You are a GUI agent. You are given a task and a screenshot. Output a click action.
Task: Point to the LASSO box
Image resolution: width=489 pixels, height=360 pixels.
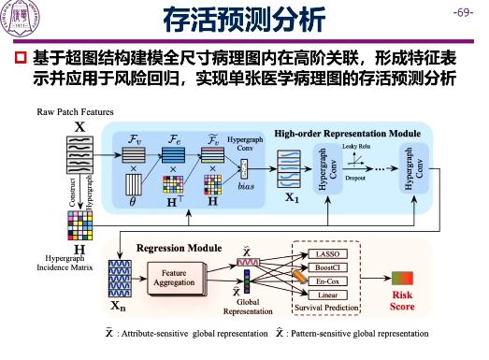coord(326,254)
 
